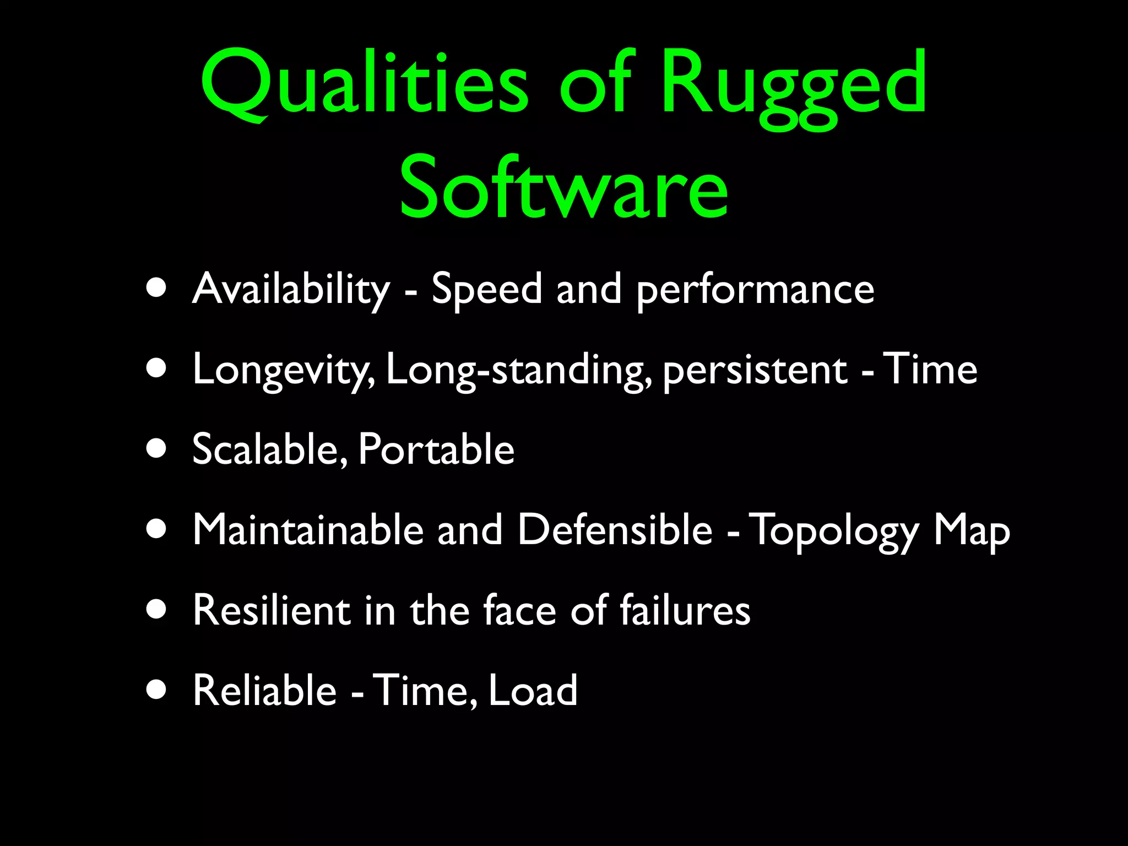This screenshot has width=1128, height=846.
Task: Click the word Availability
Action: coord(291,289)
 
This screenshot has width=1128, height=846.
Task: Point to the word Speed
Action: coord(487,289)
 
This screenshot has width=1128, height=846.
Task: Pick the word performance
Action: coord(755,290)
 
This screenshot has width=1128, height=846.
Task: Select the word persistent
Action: coord(755,370)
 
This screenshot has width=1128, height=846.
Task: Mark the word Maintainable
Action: coord(308,530)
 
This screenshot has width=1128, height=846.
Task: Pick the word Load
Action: coord(533,690)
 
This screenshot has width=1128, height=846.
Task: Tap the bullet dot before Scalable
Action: coord(157,448)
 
